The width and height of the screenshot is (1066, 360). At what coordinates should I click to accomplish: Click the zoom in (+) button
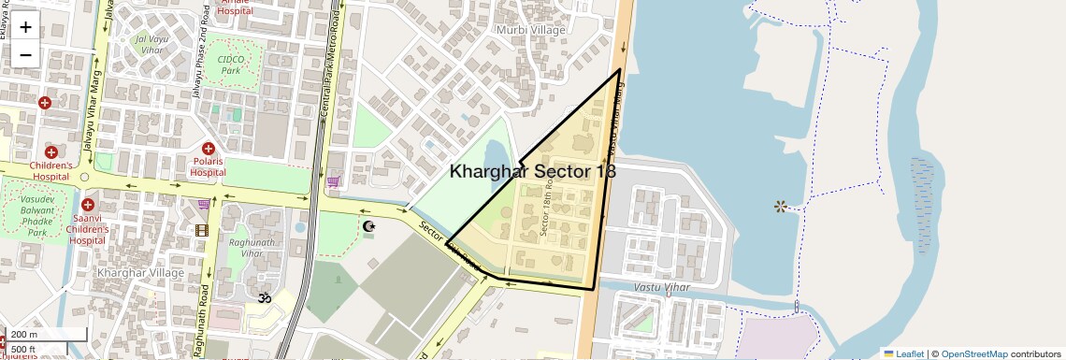(25, 27)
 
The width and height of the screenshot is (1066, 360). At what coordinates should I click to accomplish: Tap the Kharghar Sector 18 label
(532, 171)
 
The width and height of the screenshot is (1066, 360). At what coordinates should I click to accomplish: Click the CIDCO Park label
(229, 64)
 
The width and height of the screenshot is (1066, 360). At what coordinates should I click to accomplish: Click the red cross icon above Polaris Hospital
(209, 148)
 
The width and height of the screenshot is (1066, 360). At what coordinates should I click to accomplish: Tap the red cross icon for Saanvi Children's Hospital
(88, 205)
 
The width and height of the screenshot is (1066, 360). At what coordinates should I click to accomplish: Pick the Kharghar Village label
(140, 272)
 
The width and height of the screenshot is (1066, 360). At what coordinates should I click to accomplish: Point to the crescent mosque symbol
(368, 226)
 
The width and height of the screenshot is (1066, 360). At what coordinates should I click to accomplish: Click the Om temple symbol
(265, 298)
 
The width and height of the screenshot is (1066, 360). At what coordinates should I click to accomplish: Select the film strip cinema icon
(201, 230)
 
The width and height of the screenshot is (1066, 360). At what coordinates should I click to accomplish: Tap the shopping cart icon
(334, 181)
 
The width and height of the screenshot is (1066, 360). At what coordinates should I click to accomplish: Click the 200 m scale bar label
(25, 335)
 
